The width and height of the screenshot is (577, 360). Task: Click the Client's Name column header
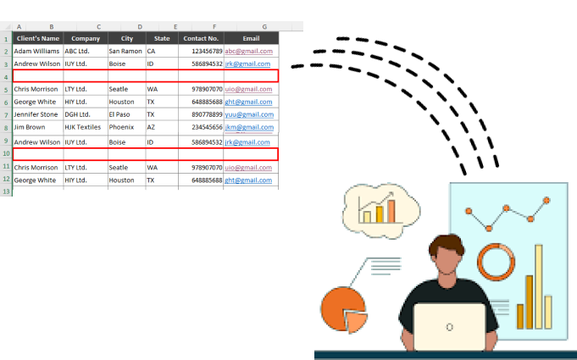[38, 38]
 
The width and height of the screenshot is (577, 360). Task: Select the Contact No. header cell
[201, 38]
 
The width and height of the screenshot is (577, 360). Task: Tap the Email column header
[251, 38]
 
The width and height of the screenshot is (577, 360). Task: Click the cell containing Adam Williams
[37, 51]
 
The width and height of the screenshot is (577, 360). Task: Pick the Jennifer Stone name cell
[37, 114]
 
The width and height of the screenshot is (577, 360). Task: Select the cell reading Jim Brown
[37, 127]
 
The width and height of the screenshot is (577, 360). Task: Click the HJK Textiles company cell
[85, 127]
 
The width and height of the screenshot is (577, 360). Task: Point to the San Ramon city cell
[125, 51]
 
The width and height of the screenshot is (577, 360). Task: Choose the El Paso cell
[125, 114]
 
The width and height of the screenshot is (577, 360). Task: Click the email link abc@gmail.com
[249, 51]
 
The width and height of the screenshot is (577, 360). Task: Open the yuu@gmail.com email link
[249, 114]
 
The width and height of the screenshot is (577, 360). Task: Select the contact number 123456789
[202, 51]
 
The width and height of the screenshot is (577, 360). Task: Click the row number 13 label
[6, 192]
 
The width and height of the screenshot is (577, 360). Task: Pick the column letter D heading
[139, 27]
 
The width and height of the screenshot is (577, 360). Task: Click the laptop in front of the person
[449, 327]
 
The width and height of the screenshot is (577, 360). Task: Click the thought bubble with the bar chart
[380, 208]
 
